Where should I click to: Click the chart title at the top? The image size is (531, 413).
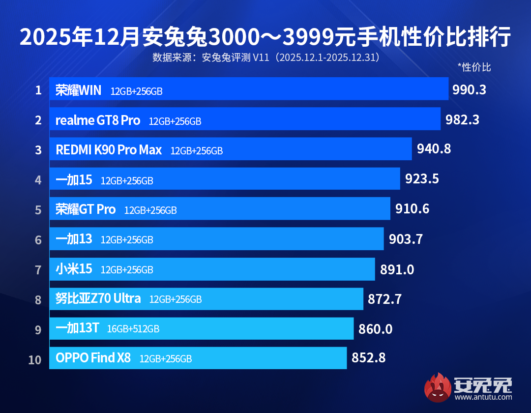click(x=265, y=38)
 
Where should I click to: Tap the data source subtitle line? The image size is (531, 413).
click(x=265, y=58)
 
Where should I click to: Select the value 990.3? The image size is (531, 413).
click(x=469, y=90)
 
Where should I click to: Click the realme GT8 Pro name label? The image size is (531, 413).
click(x=98, y=120)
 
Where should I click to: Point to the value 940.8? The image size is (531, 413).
click(x=434, y=148)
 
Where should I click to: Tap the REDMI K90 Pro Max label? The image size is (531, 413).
click(x=109, y=150)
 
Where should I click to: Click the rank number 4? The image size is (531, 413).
click(x=38, y=180)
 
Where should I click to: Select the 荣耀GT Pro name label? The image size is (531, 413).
click(x=86, y=209)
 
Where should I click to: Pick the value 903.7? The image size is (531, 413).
click(x=406, y=239)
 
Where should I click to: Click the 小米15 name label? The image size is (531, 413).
click(x=74, y=269)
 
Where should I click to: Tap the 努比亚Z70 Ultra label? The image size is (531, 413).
click(x=98, y=298)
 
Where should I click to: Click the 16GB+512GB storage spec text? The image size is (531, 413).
click(x=133, y=329)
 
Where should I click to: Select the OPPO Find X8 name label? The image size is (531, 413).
click(x=93, y=358)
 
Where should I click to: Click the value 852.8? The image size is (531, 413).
click(x=368, y=358)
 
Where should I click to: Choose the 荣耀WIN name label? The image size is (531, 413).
click(x=79, y=90)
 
